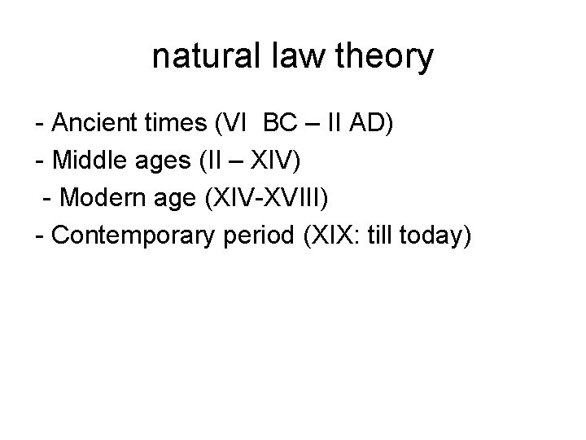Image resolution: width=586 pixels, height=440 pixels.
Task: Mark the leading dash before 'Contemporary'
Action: point(40,236)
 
